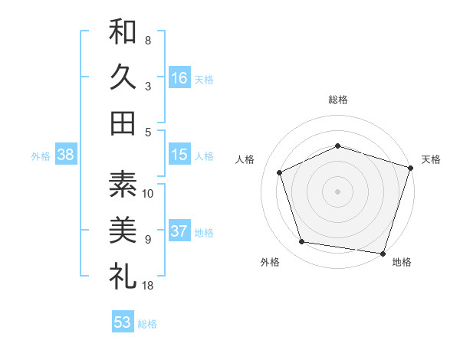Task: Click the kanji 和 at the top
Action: pos(123,33)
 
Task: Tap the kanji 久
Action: pos(123,77)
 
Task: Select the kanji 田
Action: pos(123,123)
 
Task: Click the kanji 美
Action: pos(123,229)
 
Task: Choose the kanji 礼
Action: pos(123,274)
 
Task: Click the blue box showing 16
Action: pos(179,77)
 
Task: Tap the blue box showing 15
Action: pos(179,155)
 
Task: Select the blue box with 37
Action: pos(179,231)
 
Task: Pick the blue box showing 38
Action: pos(66,155)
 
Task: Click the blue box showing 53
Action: pos(123,322)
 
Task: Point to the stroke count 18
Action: pos(148,285)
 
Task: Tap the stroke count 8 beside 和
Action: pos(148,40)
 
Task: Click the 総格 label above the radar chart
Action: pos(338,100)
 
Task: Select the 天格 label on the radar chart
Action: pos(432,159)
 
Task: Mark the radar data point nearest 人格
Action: pos(280,172)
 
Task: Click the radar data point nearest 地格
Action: pos(382,253)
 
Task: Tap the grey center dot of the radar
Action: pos(338,191)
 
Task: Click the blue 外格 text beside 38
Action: pos(41,156)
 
